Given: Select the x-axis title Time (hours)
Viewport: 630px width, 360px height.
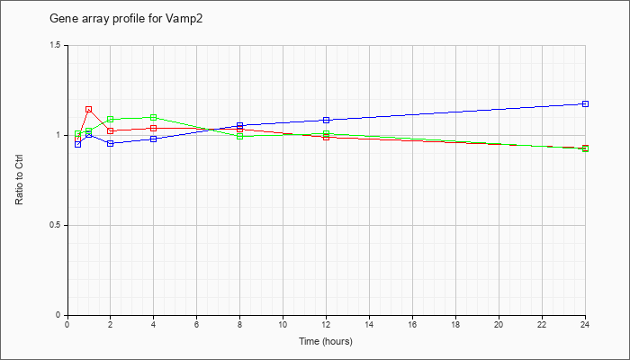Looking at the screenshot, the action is [326, 341].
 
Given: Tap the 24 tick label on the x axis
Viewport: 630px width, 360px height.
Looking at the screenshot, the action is [585, 324].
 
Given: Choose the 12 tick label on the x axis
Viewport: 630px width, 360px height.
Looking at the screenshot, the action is [326, 324].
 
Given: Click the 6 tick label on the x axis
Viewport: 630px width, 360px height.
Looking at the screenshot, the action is [196, 324].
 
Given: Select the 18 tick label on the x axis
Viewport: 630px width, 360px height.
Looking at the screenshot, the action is [455, 324].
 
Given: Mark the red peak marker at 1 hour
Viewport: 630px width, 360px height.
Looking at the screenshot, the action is [89, 109].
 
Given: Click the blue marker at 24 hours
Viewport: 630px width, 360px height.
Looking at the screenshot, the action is [585, 104].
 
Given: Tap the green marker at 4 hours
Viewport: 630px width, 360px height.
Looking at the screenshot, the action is [154, 117].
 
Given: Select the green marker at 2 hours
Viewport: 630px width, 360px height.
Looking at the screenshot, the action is [111, 120].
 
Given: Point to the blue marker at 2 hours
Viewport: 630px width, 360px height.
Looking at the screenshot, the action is [111, 143].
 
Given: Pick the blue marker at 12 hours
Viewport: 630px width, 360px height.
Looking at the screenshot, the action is [326, 120].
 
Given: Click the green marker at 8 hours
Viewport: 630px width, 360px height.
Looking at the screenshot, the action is [240, 137].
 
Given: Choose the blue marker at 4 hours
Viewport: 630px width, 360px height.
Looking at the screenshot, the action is [154, 139].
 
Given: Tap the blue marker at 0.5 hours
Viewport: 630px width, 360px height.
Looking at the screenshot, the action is [78, 145].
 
